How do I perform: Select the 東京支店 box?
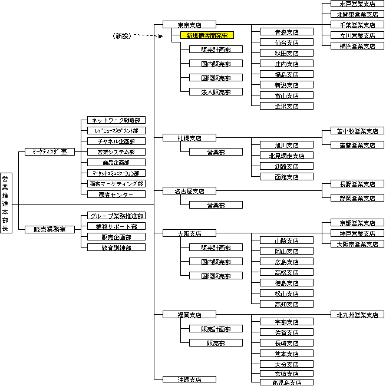coord(189,25)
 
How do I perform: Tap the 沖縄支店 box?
coord(189,379)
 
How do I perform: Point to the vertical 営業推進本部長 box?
coord(6,204)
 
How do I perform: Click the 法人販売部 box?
coord(215,92)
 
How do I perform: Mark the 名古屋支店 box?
coord(189,191)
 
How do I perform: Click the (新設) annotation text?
coord(122,36)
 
